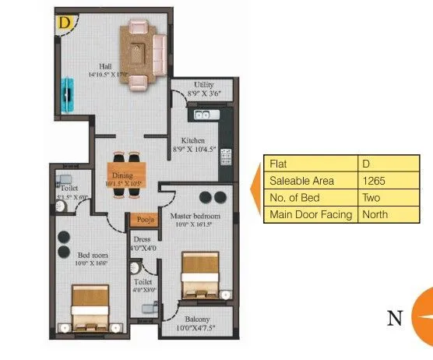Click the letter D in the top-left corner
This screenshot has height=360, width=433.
62,22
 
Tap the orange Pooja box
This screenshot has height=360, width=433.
141,220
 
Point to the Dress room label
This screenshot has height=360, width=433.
141,239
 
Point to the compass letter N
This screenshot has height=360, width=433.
395,319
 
